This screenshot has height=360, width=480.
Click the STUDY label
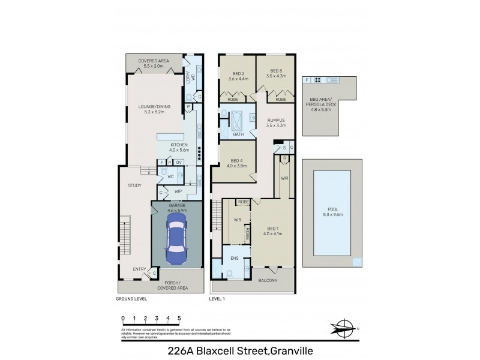(134, 185)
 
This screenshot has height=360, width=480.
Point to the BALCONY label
(268, 280)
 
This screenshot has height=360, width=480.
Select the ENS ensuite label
(235, 259)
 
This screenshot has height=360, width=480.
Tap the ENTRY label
(140, 268)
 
